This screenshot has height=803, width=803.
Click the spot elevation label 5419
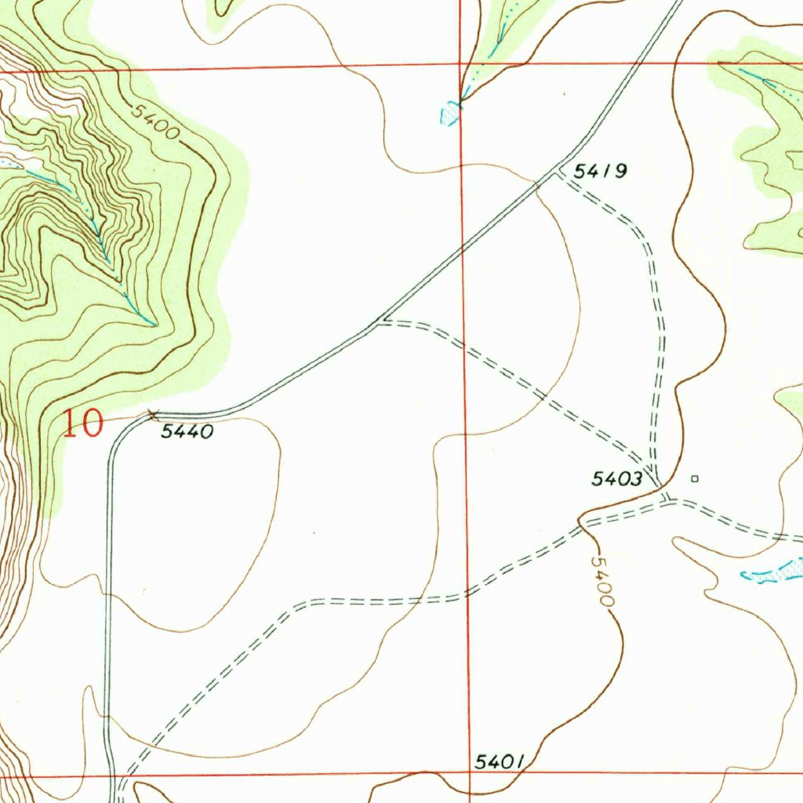click(601, 171)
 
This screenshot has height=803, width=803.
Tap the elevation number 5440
click(187, 431)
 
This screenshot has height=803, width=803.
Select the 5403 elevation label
click(617, 478)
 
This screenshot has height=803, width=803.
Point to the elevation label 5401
click(500, 761)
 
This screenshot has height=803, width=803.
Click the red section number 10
click(82, 424)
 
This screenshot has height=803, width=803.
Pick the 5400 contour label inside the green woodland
click(154, 122)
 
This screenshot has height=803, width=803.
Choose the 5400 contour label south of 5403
click(602, 581)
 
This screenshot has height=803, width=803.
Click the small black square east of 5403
click(694, 478)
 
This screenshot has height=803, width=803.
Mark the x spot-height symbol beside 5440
click(153, 413)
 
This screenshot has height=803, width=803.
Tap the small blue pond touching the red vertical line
click(451, 114)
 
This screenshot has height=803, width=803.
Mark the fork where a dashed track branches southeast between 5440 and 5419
click(381, 321)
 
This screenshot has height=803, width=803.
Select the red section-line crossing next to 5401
click(469, 775)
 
